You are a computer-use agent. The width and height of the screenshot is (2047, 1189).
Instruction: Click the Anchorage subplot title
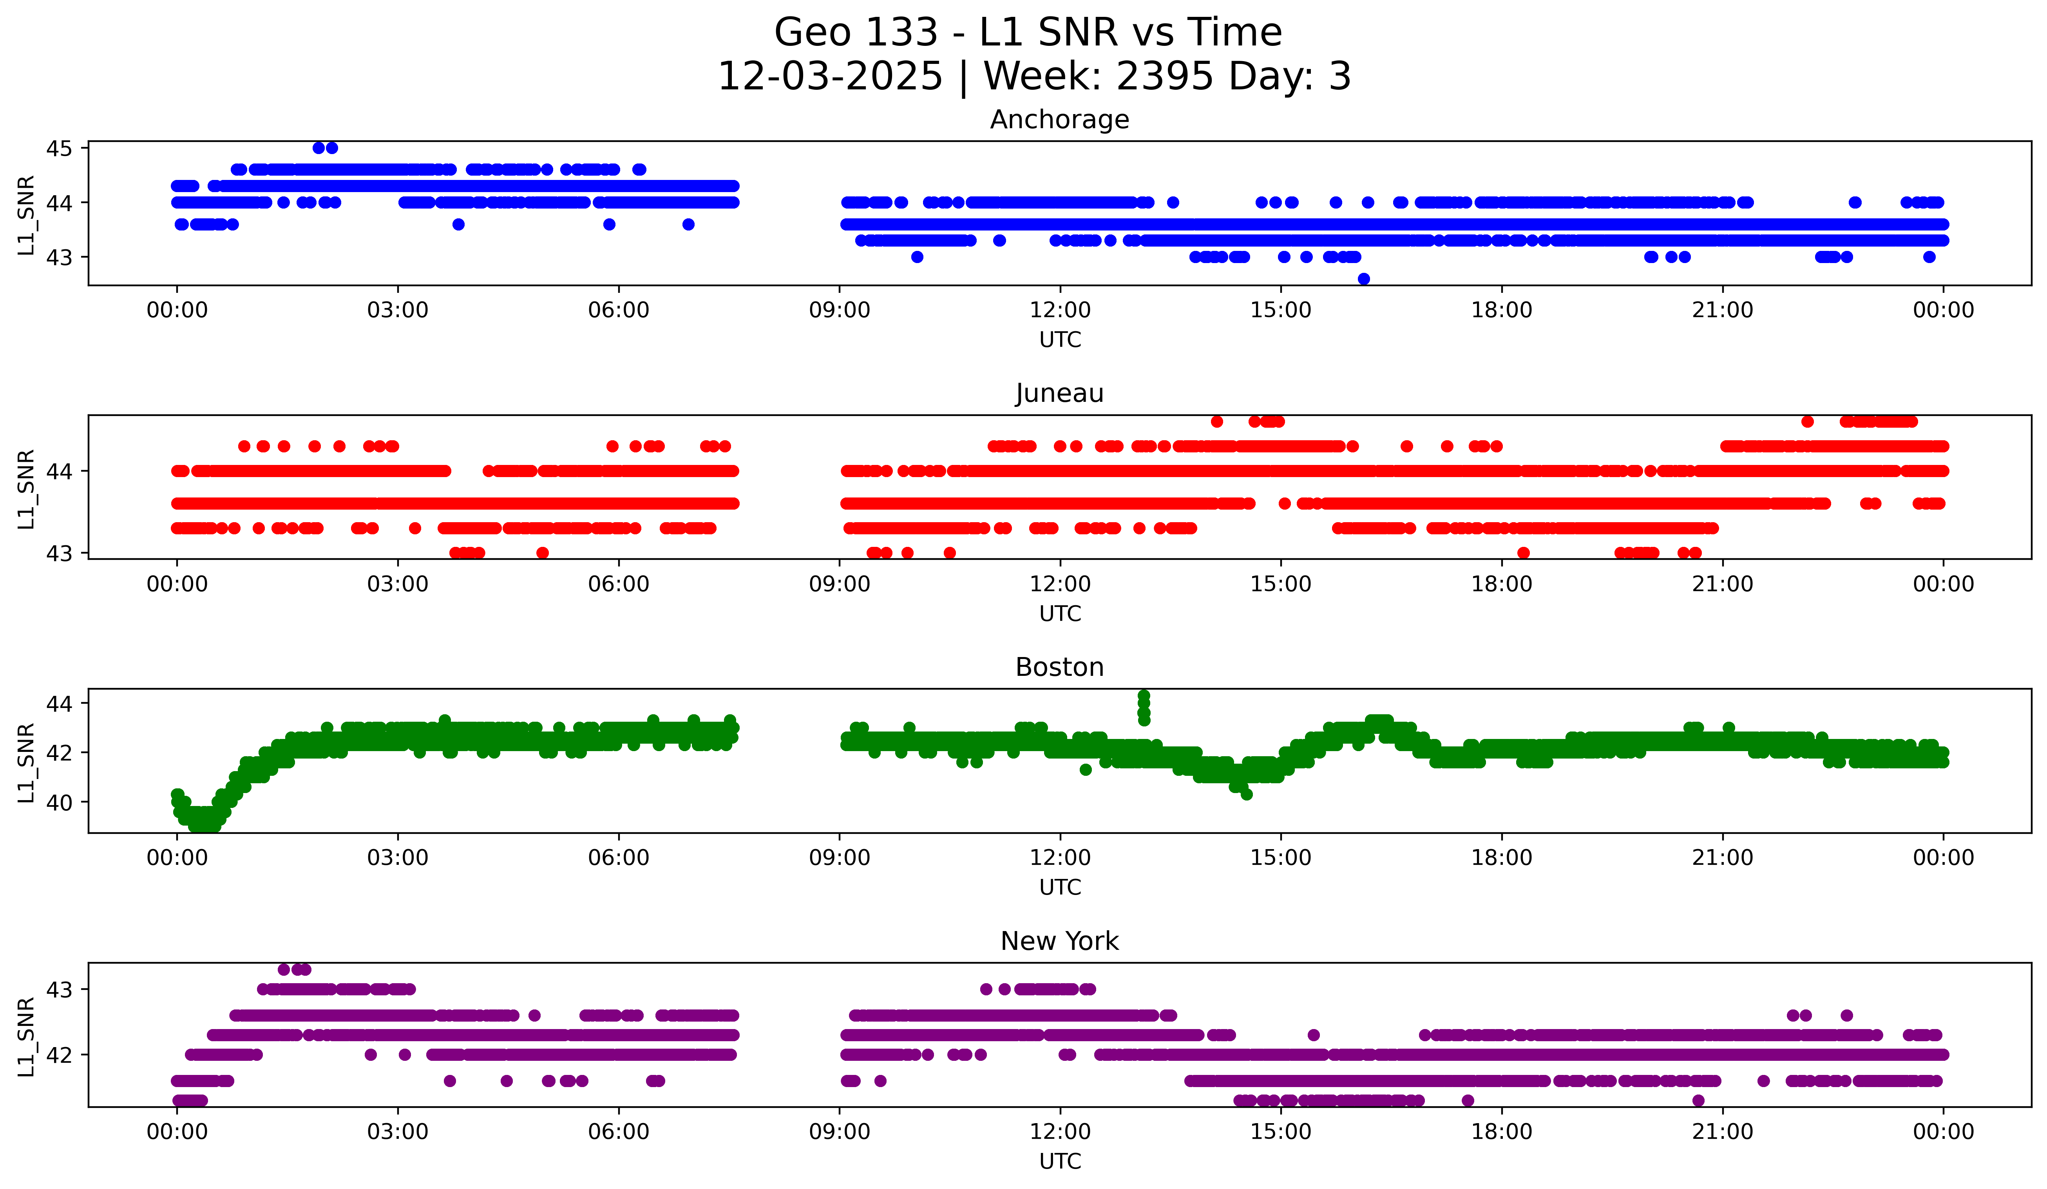pyautogui.click(x=1059, y=120)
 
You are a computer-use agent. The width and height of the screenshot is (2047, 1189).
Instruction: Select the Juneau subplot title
pyautogui.click(x=1059, y=393)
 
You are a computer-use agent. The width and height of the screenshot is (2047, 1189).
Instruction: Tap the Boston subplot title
pyautogui.click(x=1059, y=667)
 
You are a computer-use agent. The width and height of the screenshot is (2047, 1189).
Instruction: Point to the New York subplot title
pyautogui.click(x=1059, y=941)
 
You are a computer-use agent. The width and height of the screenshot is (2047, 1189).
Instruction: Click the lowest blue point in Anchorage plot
pyautogui.click(x=1364, y=279)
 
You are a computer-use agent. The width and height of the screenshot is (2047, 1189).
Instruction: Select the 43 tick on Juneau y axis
pyautogui.click(x=58, y=554)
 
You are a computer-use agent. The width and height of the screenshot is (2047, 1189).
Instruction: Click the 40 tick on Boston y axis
pyautogui.click(x=58, y=802)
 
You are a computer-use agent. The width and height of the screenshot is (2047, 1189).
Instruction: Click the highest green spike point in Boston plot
pyautogui.click(x=1144, y=696)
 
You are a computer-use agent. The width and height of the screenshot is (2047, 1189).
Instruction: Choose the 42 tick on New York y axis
pyautogui.click(x=58, y=1055)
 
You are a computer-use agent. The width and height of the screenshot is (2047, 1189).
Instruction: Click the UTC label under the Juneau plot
pyautogui.click(x=1060, y=614)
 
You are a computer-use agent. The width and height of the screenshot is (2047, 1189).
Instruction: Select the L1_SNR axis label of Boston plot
pyautogui.click(x=26, y=763)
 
